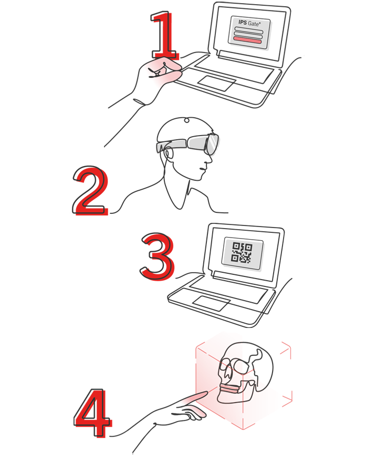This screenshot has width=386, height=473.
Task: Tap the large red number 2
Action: tap(90, 191)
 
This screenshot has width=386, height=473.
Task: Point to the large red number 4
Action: tap(92, 413)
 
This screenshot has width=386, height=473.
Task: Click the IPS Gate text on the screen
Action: tap(249, 23)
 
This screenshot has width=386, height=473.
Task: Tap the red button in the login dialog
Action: tap(248, 40)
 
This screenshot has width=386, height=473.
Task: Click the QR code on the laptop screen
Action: tap(242, 252)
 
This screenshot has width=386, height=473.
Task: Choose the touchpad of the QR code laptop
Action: tap(211, 303)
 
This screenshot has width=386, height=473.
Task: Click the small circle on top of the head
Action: tap(187, 121)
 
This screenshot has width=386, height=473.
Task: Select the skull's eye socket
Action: tap(240, 365)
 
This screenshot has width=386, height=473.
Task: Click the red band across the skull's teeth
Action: tap(230, 389)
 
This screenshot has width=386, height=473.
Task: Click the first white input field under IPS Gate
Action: tap(248, 29)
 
